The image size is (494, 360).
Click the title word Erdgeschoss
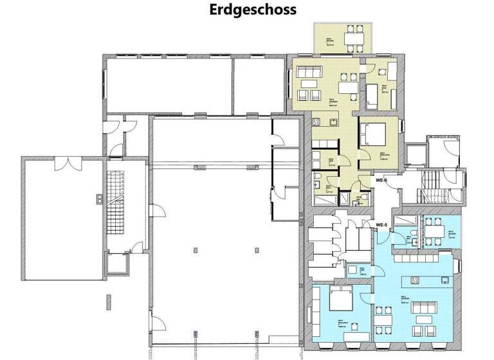tap(252, 10)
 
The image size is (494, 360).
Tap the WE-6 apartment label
tap(382, 181)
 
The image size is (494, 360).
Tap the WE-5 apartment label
tap(382, 224)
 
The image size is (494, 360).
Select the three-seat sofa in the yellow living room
tap(308, 71)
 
